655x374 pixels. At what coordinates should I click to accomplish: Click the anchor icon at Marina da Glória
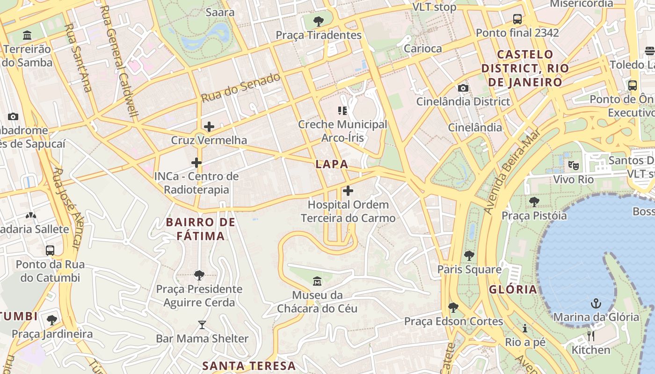[595, 303]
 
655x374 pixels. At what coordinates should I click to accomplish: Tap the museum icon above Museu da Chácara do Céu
[317, 281]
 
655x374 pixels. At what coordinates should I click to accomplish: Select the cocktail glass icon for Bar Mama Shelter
[202, 324]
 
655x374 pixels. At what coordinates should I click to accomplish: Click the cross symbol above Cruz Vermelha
[209, 127]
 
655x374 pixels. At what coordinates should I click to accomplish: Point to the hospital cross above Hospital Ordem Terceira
[348, 191]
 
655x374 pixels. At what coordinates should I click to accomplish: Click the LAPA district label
[332, 164]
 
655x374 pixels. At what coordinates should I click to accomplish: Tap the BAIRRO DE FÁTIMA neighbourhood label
[201, 229]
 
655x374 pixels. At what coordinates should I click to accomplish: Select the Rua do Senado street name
[240, 87]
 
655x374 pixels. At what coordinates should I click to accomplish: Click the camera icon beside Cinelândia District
[463, 88]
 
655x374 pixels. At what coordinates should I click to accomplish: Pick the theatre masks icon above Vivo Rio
[573, 165]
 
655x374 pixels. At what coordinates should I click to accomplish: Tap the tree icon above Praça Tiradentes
[319, 21]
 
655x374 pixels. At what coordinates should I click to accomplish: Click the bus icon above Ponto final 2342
[517, 19]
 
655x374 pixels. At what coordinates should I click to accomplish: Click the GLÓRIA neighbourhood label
[513, 289]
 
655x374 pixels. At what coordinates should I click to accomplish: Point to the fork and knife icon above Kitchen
[590, 336]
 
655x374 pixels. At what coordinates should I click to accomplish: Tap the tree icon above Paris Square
[469, 256]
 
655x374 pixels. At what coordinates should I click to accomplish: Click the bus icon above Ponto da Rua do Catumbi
[50, 250]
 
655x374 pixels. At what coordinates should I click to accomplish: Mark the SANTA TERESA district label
[249, 366]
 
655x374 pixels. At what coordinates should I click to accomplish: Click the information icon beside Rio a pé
[525, 328]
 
